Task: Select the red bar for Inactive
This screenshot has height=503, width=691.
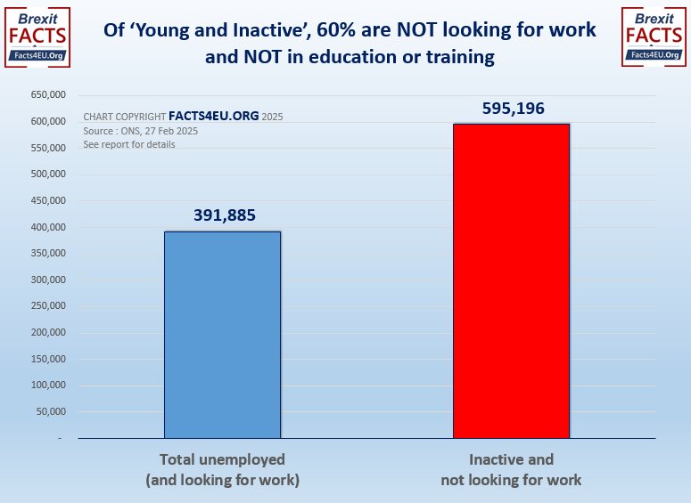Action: tap(511, 280)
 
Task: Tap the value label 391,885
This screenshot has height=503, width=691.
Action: tap(223, 215)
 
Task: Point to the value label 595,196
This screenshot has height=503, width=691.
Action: tap(511, 108)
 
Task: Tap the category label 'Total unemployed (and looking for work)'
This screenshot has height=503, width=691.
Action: tap(222, 470)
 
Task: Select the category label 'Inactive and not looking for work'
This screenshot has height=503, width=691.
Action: tap(511, 470)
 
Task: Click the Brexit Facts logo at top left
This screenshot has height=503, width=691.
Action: tap(37, 36)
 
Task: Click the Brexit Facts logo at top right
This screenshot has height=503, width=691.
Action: tap(654, 36)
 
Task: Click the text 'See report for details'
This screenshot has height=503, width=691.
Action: tap(129, 144)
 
